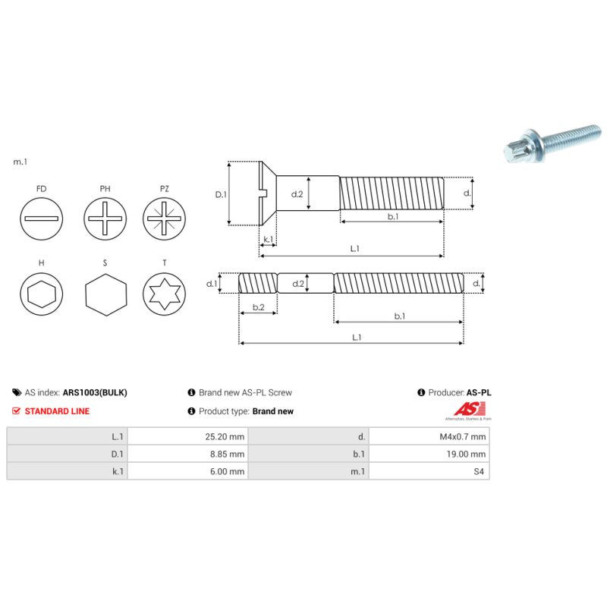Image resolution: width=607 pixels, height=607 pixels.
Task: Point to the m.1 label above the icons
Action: (20, 162)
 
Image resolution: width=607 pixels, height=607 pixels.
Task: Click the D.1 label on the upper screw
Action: (221, 194)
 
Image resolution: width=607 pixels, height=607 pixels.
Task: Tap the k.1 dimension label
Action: (268, 240)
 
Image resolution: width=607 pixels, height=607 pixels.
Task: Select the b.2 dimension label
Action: (258, 307)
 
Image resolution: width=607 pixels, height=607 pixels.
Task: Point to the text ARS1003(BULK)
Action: (94, 393)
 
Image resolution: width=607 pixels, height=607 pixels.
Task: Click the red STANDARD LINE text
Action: (57, 411)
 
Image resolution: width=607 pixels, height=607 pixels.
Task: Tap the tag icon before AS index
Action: (17, 393)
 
